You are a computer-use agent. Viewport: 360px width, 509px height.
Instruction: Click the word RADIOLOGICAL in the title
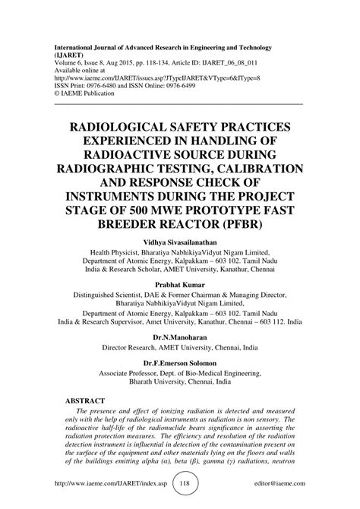pos(126,122)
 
